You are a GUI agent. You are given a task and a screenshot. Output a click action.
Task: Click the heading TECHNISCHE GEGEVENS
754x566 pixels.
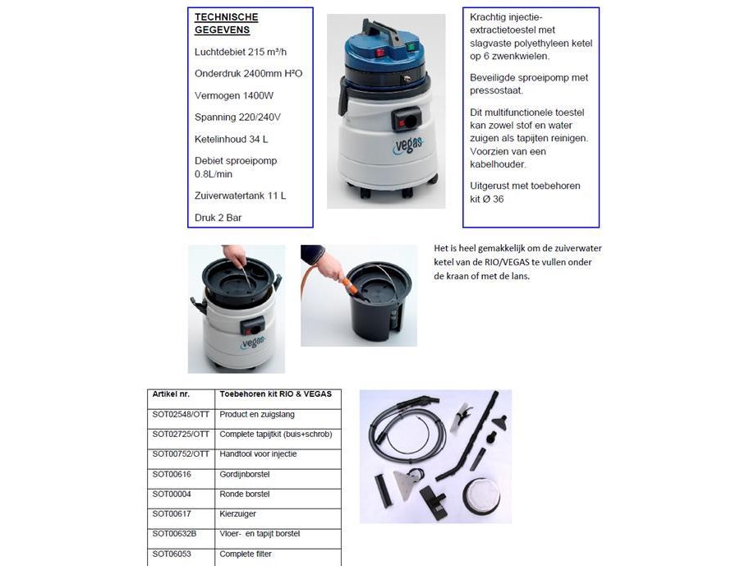226,23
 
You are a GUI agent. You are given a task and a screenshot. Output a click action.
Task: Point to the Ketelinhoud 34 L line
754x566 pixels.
231,139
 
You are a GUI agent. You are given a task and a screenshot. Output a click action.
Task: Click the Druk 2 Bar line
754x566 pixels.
218,218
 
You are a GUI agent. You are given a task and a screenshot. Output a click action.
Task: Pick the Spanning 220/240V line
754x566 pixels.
237,117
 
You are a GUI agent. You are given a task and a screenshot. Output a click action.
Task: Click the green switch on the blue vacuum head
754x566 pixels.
410,47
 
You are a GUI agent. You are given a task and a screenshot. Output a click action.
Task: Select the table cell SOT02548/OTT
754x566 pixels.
181,414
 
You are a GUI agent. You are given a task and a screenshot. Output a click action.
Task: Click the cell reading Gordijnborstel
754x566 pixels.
244,474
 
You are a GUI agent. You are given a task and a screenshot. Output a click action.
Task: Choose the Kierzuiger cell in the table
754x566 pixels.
237,513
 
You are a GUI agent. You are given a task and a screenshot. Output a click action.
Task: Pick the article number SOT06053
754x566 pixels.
172,554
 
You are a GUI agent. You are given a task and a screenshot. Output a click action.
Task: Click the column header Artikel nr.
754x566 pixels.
171,394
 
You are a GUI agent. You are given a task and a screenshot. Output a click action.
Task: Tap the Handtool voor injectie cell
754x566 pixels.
258,454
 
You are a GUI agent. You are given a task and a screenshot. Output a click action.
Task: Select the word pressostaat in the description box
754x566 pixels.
494,91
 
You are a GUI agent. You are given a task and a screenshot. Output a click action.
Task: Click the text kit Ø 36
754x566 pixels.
487,199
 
